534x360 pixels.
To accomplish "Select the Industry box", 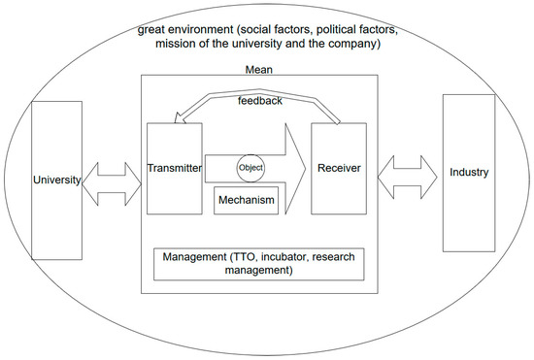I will pyautogui.click(x=469, y=173).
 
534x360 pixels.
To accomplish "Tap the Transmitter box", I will pyautogui.click(x=174, y=168).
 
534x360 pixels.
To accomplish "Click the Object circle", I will pyautogui.click(x=251, y=166).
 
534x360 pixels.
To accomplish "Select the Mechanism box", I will pyautogui.click(x=246, y=201).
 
